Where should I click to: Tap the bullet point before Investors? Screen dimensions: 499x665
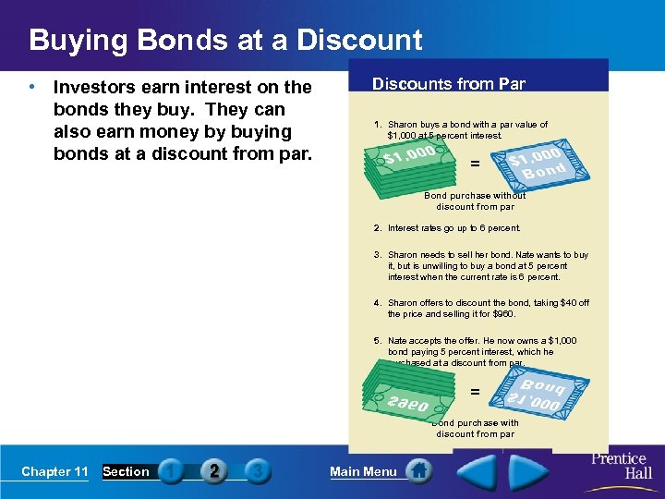[32, 88]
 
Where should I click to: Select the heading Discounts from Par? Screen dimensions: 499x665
[448, 84]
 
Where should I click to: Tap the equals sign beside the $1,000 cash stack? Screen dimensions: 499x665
[475, 164]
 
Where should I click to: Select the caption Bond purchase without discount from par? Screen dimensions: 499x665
[475, 201]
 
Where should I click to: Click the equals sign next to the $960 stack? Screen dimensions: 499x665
[475, 392]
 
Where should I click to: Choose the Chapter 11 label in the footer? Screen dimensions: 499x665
[54, 471]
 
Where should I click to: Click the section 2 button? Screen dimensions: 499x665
[214, 471]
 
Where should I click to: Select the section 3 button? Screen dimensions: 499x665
[258, 471]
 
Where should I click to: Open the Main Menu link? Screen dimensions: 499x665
[363, 471]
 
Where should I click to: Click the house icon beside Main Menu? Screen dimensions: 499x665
[418, 471]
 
